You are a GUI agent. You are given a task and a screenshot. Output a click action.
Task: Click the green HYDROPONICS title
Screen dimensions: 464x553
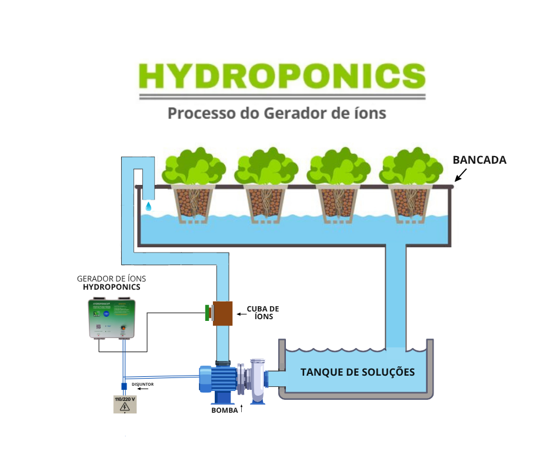[x=282, y=75]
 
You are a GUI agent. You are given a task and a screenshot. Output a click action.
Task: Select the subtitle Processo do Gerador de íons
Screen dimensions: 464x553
[x=277, y=112]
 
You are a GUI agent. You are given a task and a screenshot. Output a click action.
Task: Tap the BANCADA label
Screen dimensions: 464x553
[x=479, y=160]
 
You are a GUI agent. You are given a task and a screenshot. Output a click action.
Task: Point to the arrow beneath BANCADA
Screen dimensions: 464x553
[x=461, y=174]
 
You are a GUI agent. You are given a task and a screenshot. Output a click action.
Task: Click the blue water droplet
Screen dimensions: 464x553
[x=148, y=206]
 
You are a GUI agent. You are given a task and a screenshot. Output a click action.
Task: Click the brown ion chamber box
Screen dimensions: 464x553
[x=222, y=313]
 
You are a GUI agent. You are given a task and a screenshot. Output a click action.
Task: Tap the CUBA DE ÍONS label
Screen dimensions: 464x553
[x=262, y=312]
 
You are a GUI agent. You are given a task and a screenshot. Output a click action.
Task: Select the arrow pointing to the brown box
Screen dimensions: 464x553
[x=241, y=314]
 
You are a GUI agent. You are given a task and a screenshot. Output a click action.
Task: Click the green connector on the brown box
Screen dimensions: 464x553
[x=207, y=313]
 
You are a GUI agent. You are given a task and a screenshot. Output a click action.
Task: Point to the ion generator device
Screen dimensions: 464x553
[x=112, y=319]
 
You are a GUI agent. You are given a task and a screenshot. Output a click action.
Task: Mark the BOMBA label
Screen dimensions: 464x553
[x=224, y=410]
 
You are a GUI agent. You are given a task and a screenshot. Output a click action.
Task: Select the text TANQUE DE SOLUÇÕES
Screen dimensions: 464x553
[x=357, y=372]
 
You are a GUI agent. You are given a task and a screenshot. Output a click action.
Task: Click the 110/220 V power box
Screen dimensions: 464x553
[x=125, y=403]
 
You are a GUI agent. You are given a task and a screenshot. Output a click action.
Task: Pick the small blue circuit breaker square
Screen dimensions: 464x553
[x=124, y=386]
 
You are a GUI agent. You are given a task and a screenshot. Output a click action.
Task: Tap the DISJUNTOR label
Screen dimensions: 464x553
[x=143, y=384]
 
